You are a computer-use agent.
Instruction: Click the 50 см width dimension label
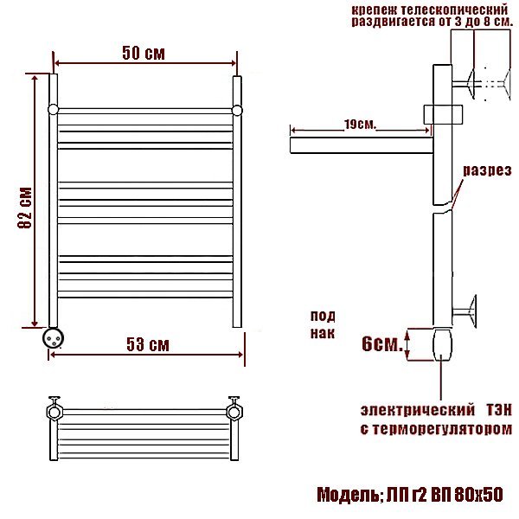144,53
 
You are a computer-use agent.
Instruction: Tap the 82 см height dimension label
25,208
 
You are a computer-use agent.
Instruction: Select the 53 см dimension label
148,344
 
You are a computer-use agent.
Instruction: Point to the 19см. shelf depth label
360,125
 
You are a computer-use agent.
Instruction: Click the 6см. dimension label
382,343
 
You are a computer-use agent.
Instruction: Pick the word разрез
487,170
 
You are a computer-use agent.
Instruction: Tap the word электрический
418,410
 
